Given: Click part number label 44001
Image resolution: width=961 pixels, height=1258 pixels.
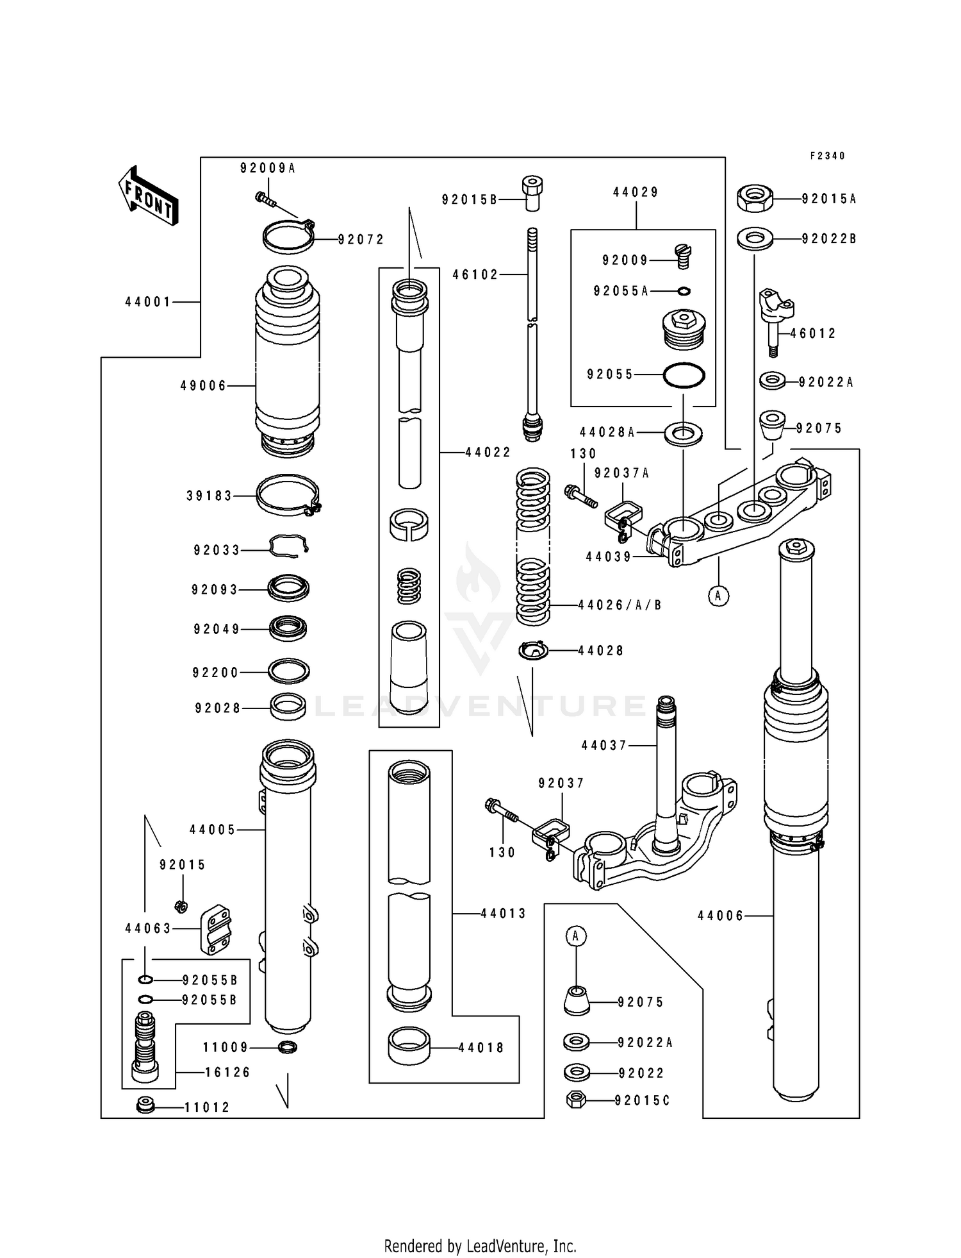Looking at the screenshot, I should click(148, 301).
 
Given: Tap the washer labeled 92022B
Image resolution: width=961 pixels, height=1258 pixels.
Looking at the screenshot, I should click(755, 239).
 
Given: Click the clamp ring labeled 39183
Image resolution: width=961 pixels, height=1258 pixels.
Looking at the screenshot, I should click(288, 495).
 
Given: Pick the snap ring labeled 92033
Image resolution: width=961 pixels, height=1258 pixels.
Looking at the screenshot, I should click(288, 546).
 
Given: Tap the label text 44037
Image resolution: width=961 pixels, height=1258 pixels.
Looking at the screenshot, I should click(604, 745).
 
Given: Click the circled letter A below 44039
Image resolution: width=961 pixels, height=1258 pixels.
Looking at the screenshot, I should click(718, 596).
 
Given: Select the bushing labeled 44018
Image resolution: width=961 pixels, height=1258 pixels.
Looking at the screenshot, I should click(409, 1048).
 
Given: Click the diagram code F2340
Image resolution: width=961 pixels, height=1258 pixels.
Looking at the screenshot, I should click(827, 156).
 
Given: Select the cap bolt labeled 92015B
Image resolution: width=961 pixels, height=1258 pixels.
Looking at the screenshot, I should click(531, 194).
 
